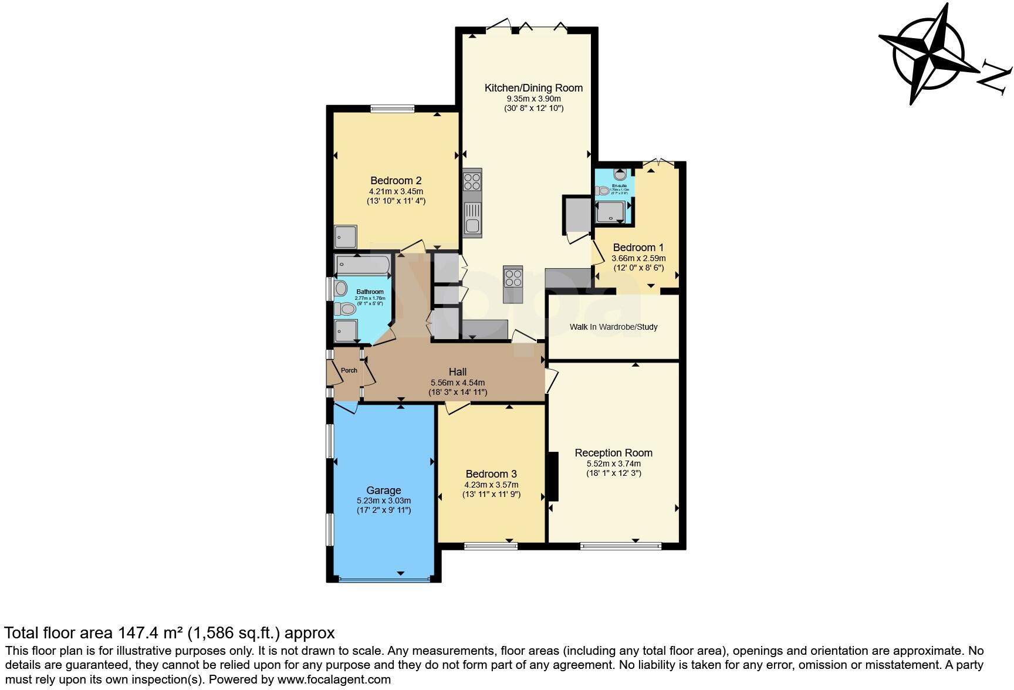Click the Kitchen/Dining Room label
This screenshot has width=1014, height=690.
[533, 88]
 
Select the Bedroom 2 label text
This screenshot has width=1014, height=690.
[396, 181]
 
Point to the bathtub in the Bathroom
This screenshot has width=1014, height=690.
[362, 265]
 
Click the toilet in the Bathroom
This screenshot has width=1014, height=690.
[345, 308]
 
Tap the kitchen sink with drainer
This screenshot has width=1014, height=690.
[472, 218]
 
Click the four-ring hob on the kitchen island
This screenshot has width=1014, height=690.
[513, 275]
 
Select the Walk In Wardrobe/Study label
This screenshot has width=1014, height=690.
[613, 327]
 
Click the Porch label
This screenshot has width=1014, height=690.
[349, 370]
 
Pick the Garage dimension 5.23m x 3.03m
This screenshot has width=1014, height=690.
[383, 500]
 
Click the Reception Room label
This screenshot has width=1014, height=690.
[613, 453]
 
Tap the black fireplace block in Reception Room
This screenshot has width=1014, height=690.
[553, 476]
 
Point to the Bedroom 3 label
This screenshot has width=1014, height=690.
[491, 474]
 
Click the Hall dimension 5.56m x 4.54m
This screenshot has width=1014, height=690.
[457, 382]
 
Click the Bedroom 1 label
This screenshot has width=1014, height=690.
[638, 248]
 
